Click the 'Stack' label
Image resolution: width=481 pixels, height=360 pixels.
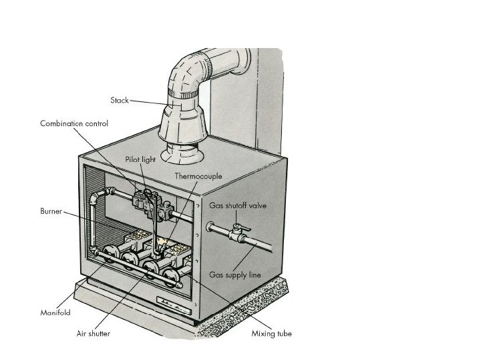119,100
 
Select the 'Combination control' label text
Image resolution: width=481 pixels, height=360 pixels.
73,123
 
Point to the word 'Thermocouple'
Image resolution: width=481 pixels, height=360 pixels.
198,176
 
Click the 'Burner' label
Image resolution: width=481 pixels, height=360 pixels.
51,211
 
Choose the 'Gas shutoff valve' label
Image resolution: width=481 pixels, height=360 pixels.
238,205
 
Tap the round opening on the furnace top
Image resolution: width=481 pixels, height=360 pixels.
180,155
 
